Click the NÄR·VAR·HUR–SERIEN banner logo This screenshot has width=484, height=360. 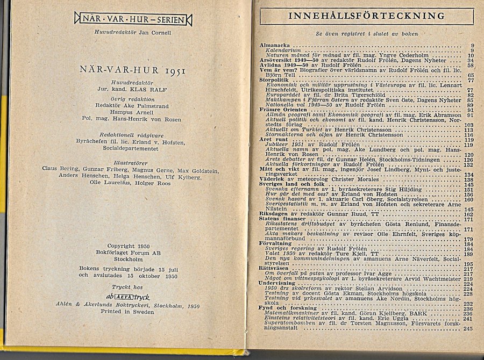click(133, 20)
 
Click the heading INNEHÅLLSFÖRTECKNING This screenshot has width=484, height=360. click(366, 16)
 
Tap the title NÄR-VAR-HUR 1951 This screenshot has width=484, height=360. click(133, 70)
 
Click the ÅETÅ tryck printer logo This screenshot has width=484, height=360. click(128, 297)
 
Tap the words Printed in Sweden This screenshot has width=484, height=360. click(128, 312)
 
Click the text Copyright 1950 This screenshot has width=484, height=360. click(128, 246)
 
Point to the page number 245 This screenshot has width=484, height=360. click(467, 328)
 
